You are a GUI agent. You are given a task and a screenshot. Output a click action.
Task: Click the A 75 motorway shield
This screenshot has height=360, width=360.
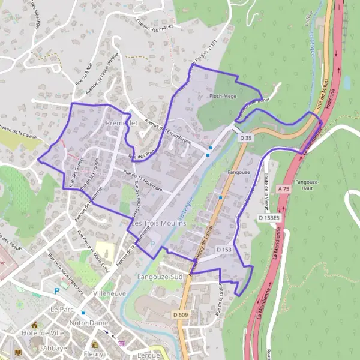point(284,189)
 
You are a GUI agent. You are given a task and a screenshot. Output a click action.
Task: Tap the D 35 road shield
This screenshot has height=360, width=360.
point(244,138)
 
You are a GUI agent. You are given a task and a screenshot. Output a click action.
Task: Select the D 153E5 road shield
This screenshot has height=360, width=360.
point(269,218)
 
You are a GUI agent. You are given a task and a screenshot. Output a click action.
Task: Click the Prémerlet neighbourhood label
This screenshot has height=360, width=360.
point(122,123)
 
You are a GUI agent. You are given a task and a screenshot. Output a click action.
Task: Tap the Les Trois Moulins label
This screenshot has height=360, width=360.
point(155,223)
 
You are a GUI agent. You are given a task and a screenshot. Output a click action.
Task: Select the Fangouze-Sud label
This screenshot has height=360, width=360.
point(158,277)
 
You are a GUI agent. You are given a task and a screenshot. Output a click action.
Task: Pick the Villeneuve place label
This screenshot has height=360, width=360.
point(110,294)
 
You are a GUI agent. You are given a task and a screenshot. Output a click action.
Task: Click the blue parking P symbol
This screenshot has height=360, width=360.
point(57,291)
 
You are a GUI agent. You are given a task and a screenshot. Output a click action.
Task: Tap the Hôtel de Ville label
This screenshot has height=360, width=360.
point(42,333)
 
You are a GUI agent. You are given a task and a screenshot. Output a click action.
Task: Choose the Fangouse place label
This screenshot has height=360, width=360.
point(238,172)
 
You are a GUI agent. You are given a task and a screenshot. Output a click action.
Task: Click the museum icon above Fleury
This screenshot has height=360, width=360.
point(95,345)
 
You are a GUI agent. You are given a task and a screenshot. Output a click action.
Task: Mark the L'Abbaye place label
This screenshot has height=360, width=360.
point(52,348)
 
